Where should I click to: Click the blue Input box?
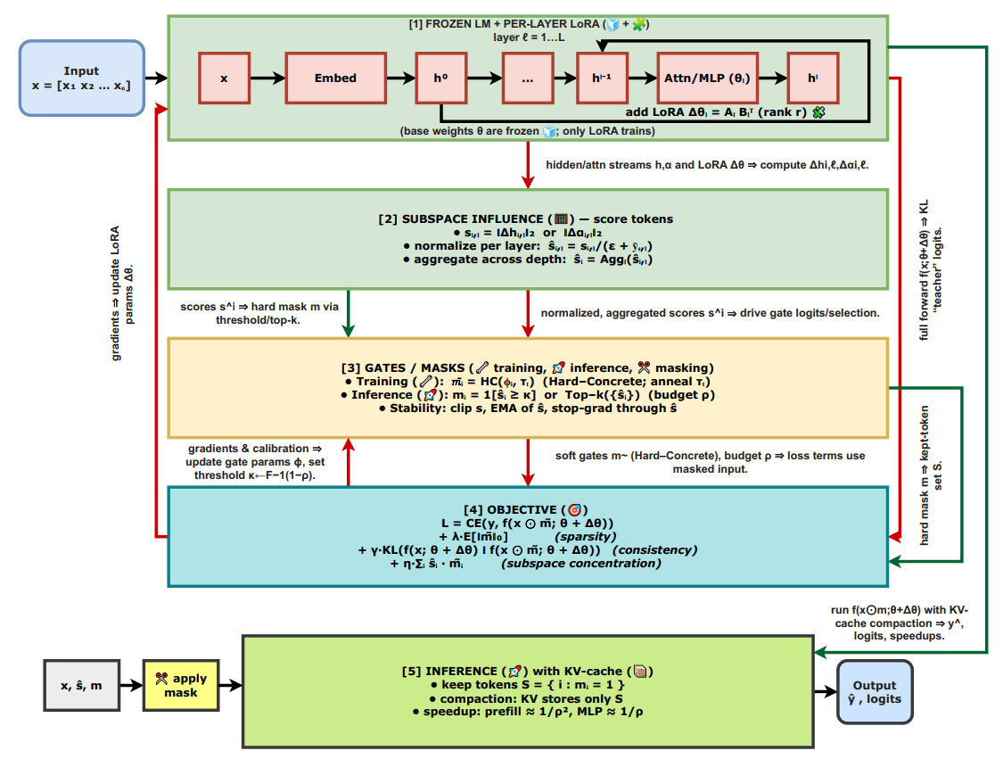(x=81, y=78)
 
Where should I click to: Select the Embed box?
(x=335, y=78)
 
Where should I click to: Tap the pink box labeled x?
(x=224, y=78)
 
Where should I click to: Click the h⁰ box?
(x=440, y=78)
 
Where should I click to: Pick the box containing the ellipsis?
(x=527, y=78)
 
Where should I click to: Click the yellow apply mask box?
(x=181, y=685)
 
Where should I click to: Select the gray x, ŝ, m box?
(x=81, y=685)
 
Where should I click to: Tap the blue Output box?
(x=875, y=692)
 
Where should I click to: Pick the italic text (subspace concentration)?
(x=580, y=563)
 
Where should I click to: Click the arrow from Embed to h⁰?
(x=400, y=78)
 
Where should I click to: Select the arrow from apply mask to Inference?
(x=230, y=685)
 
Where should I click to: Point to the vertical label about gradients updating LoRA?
(x=122, y=293)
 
